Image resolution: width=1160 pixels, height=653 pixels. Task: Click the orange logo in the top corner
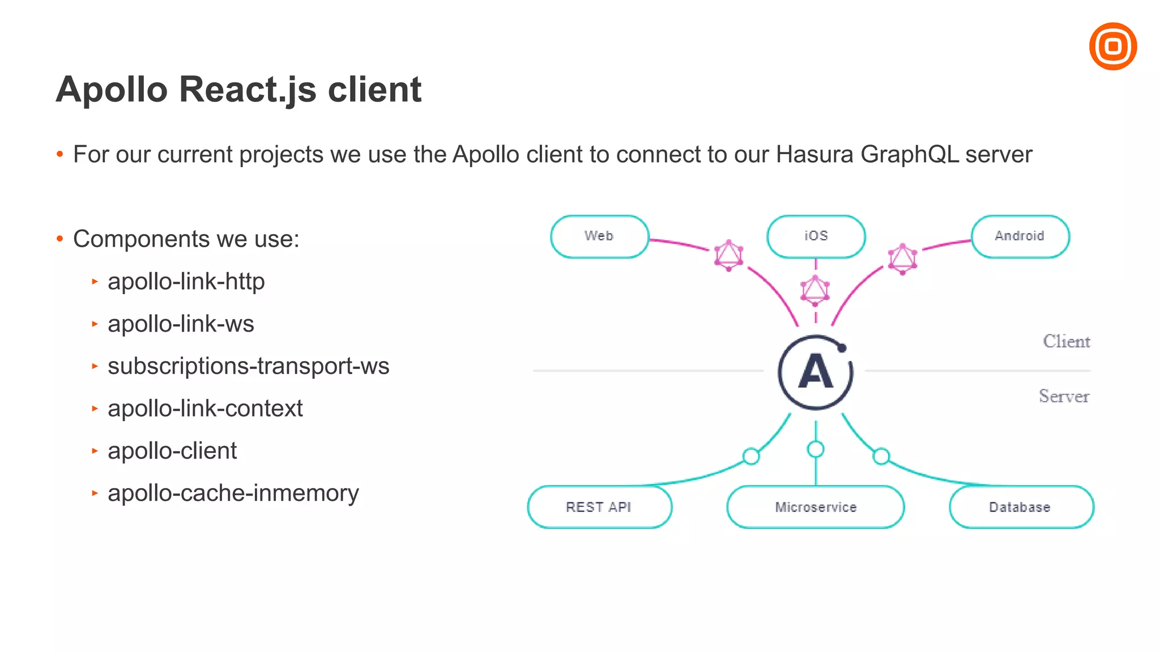(x=1112, y=46)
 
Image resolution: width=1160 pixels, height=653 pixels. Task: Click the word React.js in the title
(x=248, y=90)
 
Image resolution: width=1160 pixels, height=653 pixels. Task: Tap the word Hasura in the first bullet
(x=814, y=154)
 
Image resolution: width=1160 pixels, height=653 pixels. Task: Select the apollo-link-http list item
(x=186, y=282)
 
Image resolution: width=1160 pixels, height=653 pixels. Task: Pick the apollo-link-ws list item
(x=181, y=324)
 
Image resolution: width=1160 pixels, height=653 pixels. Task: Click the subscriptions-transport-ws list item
(x=248, y=366)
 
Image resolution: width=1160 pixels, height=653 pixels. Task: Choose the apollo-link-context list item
(x=205, y=409)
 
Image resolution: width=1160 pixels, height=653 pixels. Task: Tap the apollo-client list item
(x=172, y=451)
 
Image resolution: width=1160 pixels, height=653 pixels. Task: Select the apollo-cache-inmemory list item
(x=233, y=493)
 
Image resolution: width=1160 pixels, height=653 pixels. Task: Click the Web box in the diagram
(x=599, y=236)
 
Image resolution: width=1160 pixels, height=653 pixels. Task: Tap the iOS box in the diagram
(x=816, y=236)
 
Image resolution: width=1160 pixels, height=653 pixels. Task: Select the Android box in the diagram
(x=1020, y=236)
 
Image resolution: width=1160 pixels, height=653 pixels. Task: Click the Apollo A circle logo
(x=815, y=372)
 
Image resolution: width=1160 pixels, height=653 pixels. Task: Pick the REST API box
(x=599, y=507)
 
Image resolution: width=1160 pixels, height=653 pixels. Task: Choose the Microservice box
(x=815, y=507)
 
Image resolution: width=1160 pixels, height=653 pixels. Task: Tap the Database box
(x=1021, y=507)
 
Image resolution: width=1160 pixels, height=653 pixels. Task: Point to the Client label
(x=1066, y=341)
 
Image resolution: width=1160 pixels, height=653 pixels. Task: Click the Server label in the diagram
(x=1064, y=396)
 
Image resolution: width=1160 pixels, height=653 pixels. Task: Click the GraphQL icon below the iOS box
(x=815, y=290)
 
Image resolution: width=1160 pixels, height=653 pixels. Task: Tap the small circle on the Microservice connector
(x=815, y=450)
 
